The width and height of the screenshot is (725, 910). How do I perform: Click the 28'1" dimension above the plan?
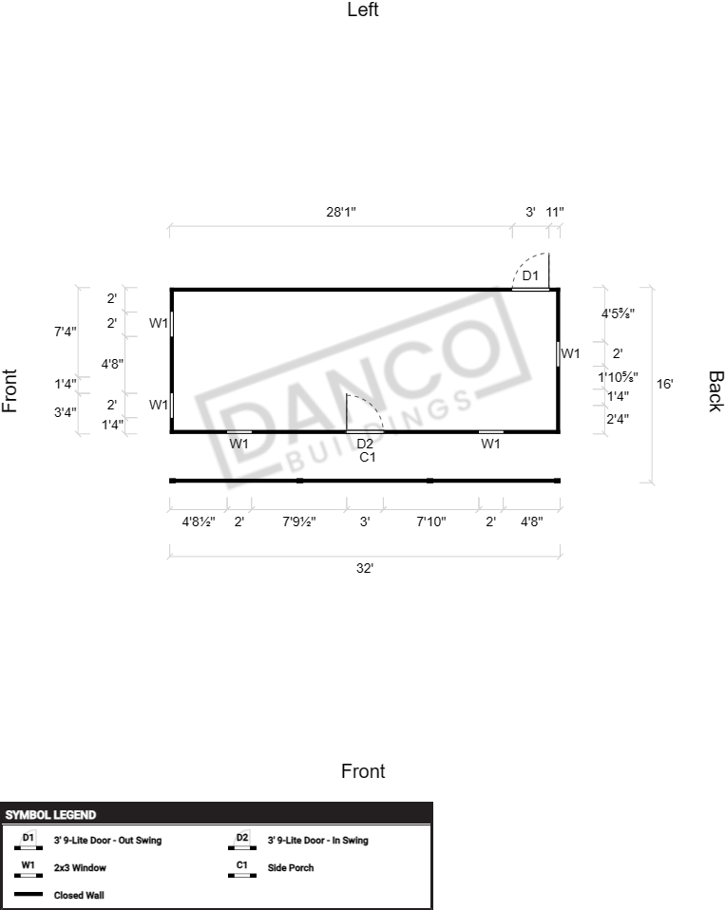tap(341, 212)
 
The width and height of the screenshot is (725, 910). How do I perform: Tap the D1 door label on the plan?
tap(530, 275)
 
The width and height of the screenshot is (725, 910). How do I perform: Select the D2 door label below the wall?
tap(365, 444)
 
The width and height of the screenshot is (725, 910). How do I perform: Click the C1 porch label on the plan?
tap(368, 457)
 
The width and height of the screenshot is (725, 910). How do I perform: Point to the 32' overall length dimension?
tap(365, 568)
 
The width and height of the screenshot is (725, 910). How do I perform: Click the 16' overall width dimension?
tap(664, 384)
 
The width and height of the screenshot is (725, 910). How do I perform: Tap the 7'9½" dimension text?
tap(299, 521)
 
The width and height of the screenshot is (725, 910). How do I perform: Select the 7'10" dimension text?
tap(430, 521)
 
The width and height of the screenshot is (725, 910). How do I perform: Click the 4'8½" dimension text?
tap(199, 521)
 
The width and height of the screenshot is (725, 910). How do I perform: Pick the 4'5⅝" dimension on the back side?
tap(618, 314)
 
